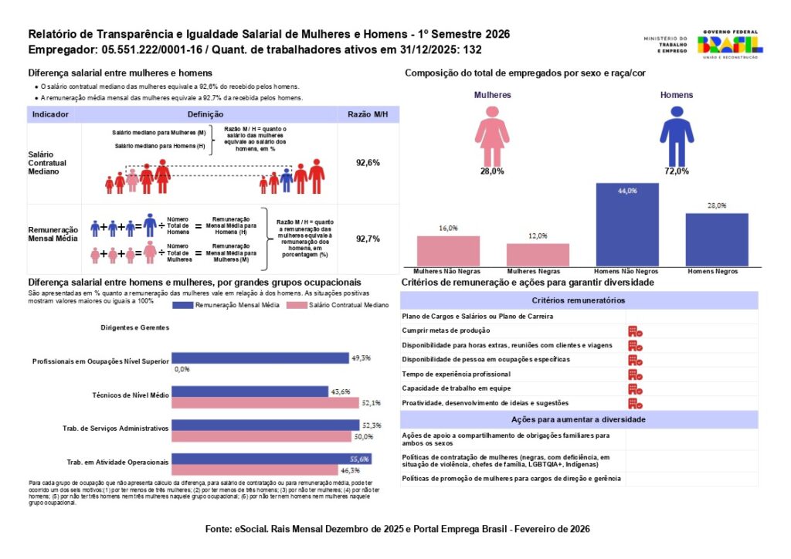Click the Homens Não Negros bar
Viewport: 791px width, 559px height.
(x=626, y=225)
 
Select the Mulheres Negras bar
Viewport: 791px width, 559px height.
(x=538, y=255)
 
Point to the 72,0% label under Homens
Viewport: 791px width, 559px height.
(x=676, y=171)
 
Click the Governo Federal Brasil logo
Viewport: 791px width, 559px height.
(x=730, y=44)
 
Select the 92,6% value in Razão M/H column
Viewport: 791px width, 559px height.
(x=368, y=163)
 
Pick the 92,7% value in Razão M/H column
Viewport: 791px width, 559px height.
(x=368, y=239)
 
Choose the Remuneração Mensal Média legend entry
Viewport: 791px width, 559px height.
(x=226, y=306)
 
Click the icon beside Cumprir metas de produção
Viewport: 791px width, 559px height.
(x=635, y=330)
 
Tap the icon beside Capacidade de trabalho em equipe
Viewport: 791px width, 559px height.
(x=635, y=388)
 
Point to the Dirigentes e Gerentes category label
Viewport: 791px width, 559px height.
(x=134, y=327)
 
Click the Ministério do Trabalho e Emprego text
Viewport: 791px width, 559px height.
(x=664, y=44)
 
